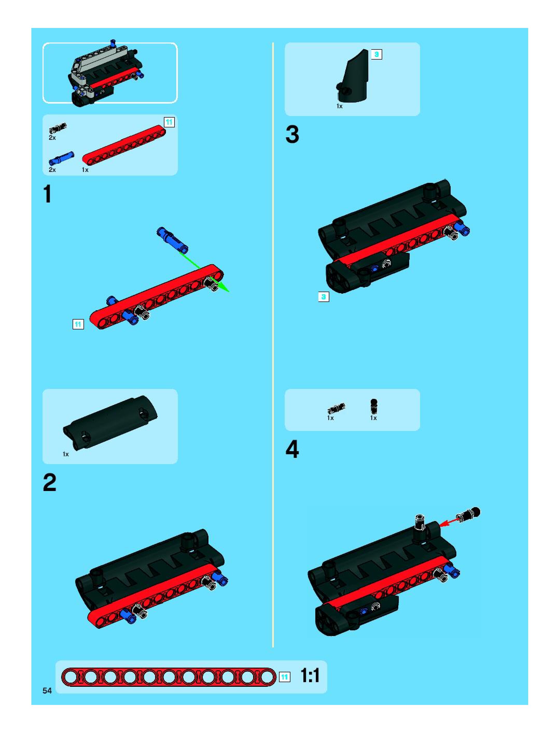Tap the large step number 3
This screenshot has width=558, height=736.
pyautogui.click(x=292, y=134)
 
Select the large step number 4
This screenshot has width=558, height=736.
pyautogui.click(x=292, y=449)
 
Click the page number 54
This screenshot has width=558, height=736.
pyautogui.click(x=47, y=691)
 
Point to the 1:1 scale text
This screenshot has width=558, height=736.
pyautogui.click(x=310, y=675)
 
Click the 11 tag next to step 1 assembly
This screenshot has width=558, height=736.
pyautogui.click(x=78, y=324)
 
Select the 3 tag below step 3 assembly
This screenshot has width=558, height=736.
pyautogui.click(x=324, y=297)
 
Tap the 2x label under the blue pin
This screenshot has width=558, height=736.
pyautogui.click(x=52, y=170)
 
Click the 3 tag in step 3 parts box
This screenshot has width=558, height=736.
pyautogui.click(x=376, y=54)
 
